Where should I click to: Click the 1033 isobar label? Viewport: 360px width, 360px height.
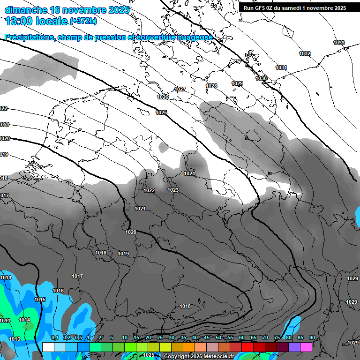(x=339, y=43)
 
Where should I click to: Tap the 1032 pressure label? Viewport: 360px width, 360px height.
(x=305, y=53)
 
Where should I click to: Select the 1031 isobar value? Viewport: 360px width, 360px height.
(x=281, y=67)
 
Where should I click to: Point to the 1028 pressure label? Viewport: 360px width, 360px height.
(x=211, y=86)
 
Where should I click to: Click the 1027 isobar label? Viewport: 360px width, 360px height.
(x=180, y=89)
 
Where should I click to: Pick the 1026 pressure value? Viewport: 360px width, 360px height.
(x=163, y=97)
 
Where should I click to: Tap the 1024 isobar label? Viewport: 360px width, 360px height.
(x=189, y=173)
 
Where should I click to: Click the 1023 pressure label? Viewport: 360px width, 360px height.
(x=173, y=190)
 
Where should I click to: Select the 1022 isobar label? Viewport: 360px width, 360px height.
(x=150, y=190)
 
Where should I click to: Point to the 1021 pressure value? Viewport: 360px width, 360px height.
(x=140, y=209)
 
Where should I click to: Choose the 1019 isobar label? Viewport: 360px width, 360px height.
(x=123, y=254)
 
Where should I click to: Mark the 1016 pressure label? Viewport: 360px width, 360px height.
(x=58, y=291)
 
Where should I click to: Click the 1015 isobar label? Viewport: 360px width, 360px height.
(x=40, y=300)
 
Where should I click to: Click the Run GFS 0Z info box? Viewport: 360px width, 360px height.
(x=294, y=7)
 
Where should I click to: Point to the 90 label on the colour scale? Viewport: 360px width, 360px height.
(x=312, y=337)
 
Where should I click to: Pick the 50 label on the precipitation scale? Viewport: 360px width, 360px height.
(x=218, y=337)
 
